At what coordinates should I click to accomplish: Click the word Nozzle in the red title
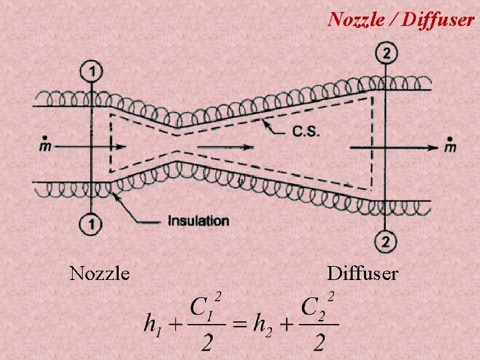point(354,19)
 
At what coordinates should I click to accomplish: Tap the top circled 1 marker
point(91,70)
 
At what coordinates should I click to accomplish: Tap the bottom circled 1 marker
point(91,223)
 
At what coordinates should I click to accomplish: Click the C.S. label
point(306,131)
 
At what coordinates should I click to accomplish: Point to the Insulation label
point(198,221)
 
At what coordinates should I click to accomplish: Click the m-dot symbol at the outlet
point(451,145)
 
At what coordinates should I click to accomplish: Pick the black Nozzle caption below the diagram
point(99,273)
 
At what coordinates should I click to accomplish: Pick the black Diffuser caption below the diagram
point(363,273)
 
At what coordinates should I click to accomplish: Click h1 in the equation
point(153,325)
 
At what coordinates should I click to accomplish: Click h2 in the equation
point(263,325)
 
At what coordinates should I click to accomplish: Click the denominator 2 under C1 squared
point(207,343)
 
